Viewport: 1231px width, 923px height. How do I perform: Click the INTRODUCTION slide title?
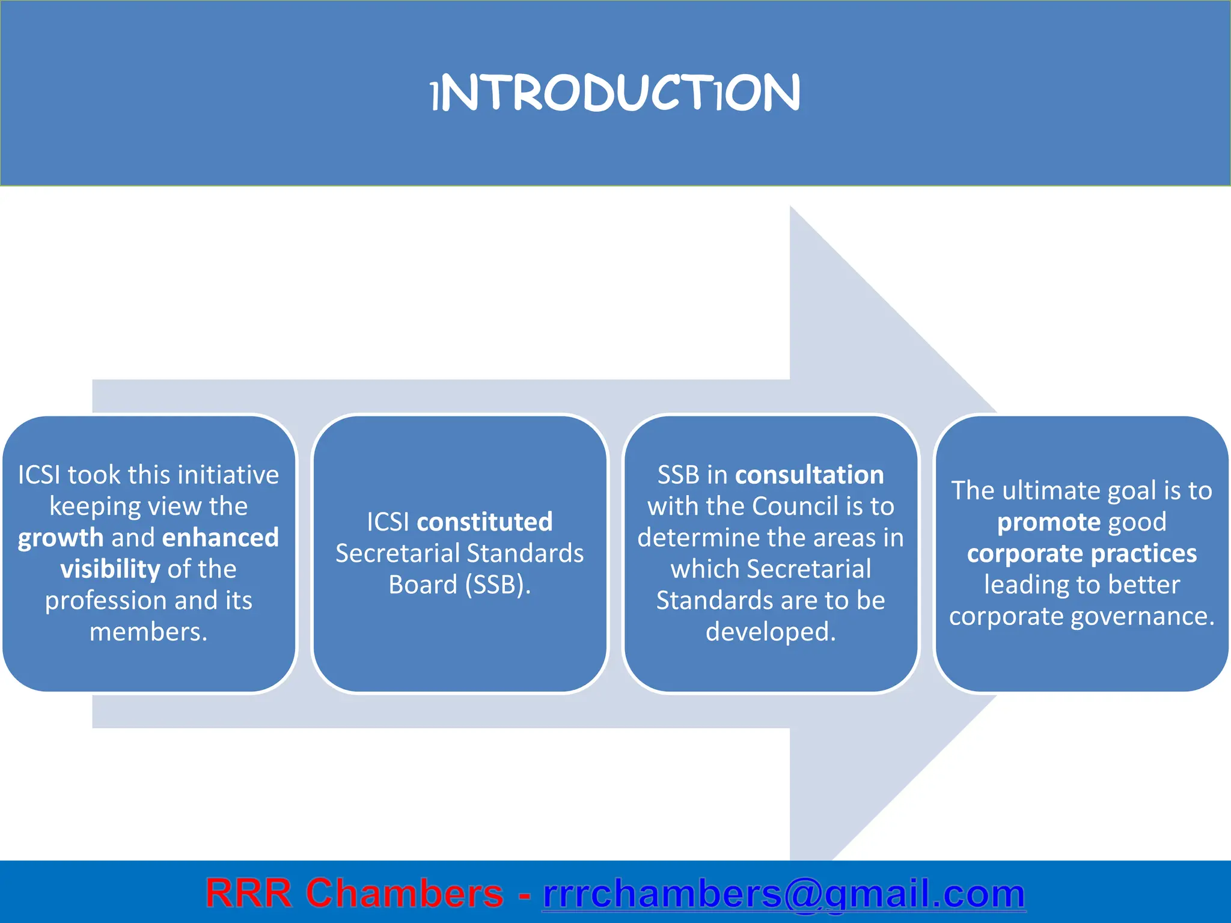point(615,93)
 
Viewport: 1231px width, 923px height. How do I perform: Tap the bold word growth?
point(61,538)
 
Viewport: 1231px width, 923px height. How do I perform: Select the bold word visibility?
point(110,569)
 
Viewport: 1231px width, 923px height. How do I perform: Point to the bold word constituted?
point(484,522)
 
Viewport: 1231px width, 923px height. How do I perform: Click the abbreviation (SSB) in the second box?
point(498,585)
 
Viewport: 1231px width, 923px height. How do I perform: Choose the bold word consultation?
point(809,475)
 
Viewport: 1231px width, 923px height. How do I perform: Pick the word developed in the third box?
point(770,632)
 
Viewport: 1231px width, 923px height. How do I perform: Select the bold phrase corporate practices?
point(1081,553)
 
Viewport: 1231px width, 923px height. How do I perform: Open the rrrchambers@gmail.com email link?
point(784,894)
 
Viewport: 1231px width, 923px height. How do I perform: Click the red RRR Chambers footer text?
point(354,893)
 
